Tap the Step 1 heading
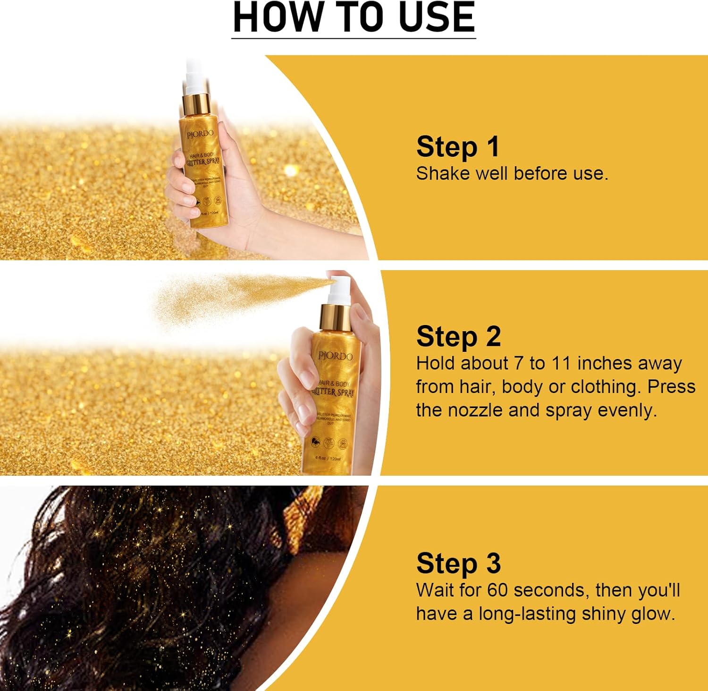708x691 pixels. (457, 147)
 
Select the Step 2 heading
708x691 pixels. (458, 337)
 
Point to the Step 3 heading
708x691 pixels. (458, 563)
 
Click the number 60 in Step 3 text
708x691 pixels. (497, 590)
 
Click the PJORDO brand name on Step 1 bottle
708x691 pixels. (200, 135)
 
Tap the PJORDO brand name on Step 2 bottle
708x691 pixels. (335, 356)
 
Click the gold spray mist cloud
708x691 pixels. (227, 298)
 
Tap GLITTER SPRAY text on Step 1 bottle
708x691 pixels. (203, 162)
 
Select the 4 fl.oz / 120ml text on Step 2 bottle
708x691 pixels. (328, 459)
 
